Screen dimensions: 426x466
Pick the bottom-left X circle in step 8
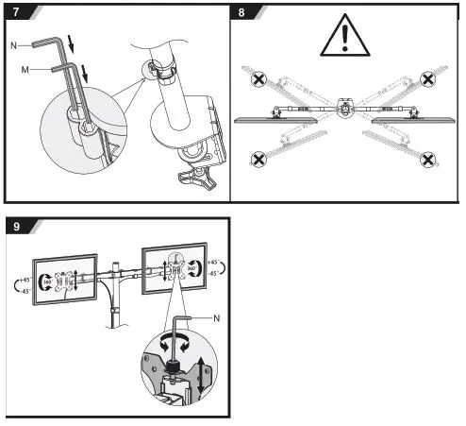(x=257, y=159)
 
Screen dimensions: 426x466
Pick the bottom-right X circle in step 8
(x=427, y=160)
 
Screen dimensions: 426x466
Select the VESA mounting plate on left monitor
(x=65, y=281)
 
